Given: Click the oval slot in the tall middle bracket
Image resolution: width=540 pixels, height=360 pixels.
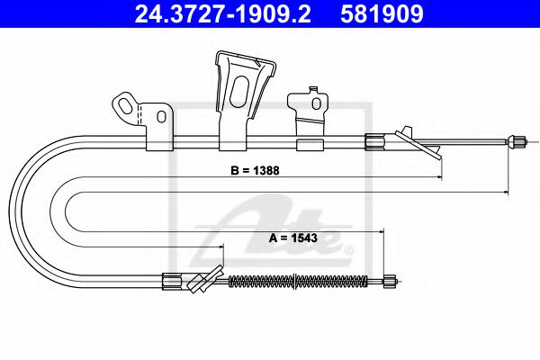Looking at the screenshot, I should point(239,90).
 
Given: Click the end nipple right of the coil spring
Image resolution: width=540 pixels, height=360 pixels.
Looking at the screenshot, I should point(390,281).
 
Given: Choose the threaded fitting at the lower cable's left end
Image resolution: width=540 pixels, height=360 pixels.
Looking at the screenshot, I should point(171,281).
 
